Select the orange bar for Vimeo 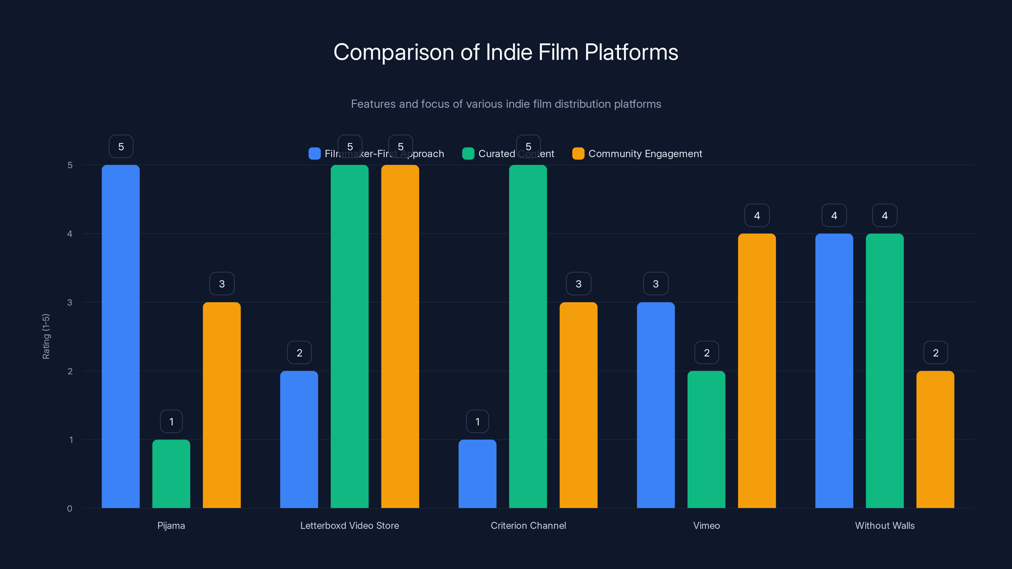click(x=757, y=371)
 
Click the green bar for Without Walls click(x=885, y=371)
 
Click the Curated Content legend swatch click(x=468, y=154)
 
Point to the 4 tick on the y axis click(x=70, y=234)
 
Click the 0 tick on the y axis click(x=70, y=509)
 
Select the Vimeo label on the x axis click(x=707, y=525)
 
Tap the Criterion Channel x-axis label click(x=528, y=525)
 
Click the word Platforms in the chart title click(x=631, y=52)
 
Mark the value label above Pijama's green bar click(x=171, y=421)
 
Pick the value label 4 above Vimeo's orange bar click(x=757, y=215)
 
